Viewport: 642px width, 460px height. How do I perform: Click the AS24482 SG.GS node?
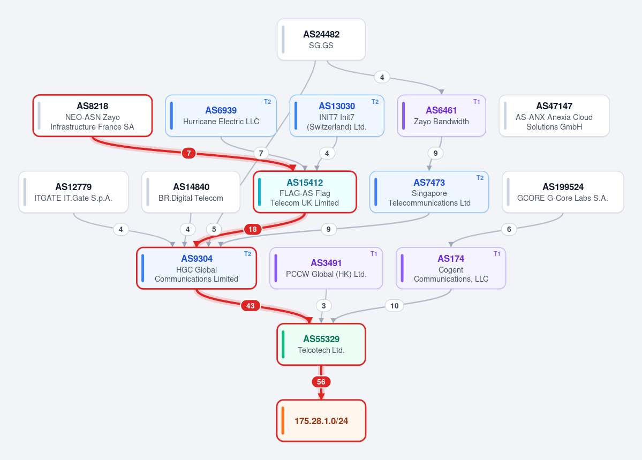[321, 40]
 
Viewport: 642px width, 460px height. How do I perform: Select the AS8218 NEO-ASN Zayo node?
[93, 116]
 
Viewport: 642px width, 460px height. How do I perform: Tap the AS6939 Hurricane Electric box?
[221, 116]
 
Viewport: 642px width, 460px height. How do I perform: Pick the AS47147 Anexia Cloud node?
[554, 116]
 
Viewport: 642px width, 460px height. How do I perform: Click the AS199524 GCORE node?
[563, 192]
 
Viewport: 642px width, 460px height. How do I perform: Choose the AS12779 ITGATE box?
[74, 192]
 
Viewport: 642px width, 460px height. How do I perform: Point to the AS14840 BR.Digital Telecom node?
[191, 192]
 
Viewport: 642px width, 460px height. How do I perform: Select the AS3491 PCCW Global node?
[326, 268]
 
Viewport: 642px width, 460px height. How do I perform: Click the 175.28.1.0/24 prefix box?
[321, 421]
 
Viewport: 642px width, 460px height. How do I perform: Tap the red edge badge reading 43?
[251, 306]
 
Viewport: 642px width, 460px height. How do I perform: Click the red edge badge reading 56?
[321, 382]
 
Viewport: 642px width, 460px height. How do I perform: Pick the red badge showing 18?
[253, 229]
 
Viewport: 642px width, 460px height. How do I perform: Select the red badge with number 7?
[189, 153]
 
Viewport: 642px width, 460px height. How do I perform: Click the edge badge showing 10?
[394, 306]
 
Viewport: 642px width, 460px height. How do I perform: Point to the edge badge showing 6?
[509, 229]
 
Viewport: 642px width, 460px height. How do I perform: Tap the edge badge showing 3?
[324, 306]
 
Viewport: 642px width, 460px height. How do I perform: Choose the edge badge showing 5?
[214, 229]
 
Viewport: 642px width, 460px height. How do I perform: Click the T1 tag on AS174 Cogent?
[497, 254]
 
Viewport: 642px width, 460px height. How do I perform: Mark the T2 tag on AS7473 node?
[480, 178]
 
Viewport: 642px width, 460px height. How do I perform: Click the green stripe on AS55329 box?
[283, 344]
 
